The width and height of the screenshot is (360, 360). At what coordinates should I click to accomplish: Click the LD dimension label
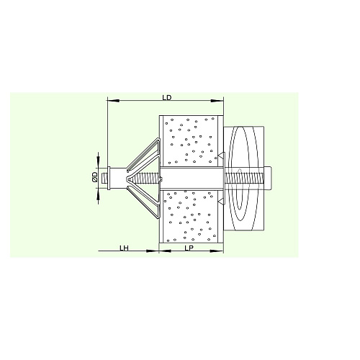click(167, 98)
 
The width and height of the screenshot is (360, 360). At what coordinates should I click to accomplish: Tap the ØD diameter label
click(95, 177)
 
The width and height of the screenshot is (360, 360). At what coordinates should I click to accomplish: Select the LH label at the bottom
click(125, 248)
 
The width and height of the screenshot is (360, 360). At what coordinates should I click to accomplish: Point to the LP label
click(189, 248)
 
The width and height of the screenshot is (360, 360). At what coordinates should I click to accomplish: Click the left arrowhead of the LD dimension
click(113, 101)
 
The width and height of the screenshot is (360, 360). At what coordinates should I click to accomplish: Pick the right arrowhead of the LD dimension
click(217, 101)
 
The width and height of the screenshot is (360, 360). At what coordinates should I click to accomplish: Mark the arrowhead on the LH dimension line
click(153, 251)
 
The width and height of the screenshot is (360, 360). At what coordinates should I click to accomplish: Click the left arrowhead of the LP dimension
click(165, 251)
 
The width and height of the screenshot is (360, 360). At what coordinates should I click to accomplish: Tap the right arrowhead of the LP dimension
click(217, 251)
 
